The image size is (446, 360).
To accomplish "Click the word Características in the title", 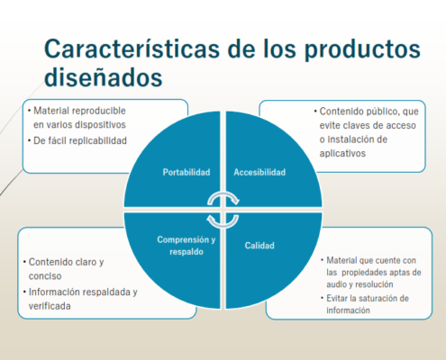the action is pyautogui.click(x=132, y=49).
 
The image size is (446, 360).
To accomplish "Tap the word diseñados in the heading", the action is pyautogui.click(x=104, y=77).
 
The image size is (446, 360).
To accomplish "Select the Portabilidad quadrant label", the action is pyautogui.click(x=187, y=172).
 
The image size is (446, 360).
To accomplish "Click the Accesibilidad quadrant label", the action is pyautogui.click(x=259, y=172).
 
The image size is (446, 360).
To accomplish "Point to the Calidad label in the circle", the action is pyautogui.click(x=259, y=246).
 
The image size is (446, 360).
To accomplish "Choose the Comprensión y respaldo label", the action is pyautogui.click(x=187, y=246).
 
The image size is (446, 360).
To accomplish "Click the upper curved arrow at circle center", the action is pyautogui.click(x=223, y=198).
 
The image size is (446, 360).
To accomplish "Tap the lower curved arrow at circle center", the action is pyautogui.click(x=223, y=221).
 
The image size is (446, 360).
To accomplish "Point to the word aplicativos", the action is pyautogui.click(x=342, y=153).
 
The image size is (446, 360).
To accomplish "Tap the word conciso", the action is pyautogui.click(x=45, y=276).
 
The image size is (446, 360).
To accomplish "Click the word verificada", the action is pyautogui.click(x=50, y=306).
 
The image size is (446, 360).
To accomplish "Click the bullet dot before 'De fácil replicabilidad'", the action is pyautogui.click(x=30, y=140).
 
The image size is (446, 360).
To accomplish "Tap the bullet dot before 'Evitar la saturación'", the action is pyautogui.click(x=323, y=298).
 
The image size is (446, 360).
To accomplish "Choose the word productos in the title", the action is pyautogui.click(x=362, y=49).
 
